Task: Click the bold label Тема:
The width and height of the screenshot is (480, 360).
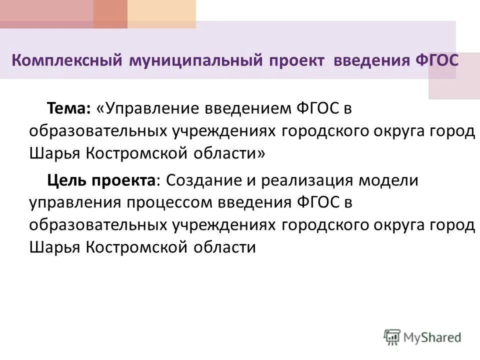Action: point(68,107)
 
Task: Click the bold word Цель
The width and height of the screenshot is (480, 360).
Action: point(66,180)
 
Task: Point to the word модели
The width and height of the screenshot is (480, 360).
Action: point(394,180)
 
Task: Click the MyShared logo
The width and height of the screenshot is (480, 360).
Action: point(422,336)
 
